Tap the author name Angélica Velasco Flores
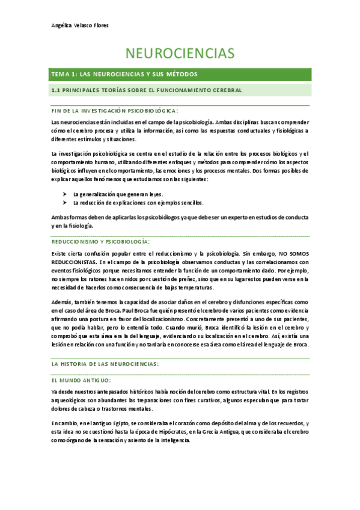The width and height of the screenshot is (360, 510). [79, 26]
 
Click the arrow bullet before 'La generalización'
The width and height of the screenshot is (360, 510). [64, 195]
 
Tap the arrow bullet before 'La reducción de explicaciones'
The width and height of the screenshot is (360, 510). [64, 203]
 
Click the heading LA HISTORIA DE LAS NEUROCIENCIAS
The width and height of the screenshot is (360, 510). [105, 364]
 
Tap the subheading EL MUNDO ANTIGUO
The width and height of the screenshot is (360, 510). [81, 381]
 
